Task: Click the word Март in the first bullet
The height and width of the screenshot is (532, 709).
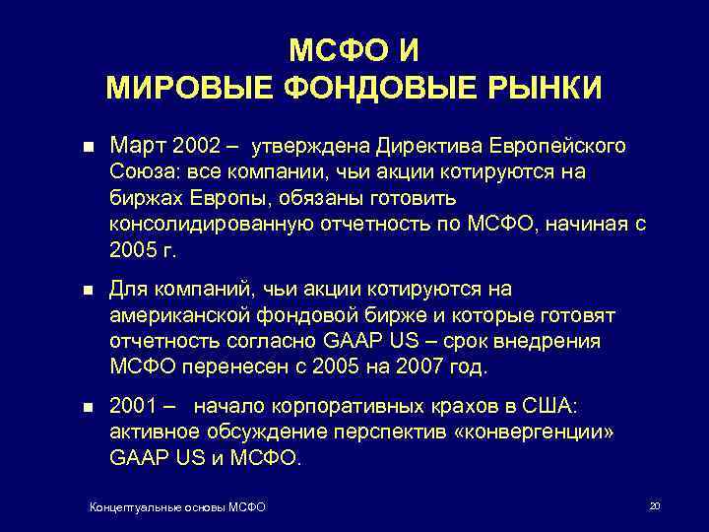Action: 138,147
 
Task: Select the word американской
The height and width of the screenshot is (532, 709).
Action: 171,316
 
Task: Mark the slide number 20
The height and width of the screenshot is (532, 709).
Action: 654,505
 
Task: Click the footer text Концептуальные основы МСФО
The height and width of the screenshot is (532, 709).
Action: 177,506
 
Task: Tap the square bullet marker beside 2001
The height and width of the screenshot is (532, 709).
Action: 87,407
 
